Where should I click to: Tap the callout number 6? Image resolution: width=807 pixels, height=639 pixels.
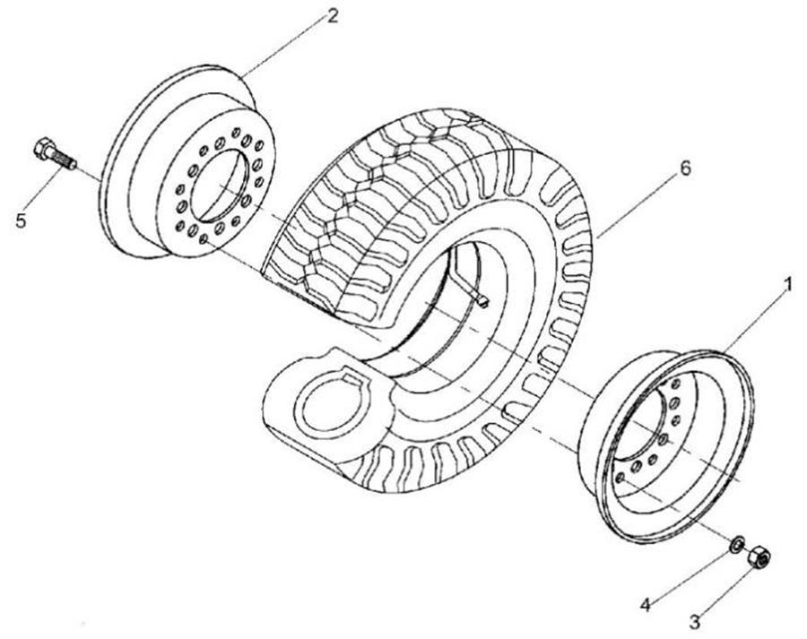[686, 168]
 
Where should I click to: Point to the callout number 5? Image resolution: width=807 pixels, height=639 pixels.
[21, 220]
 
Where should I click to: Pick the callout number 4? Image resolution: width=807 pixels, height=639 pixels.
[646, 605]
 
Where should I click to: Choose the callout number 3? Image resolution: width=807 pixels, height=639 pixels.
[695, 622]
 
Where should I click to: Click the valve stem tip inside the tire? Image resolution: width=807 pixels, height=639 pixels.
[482, 303]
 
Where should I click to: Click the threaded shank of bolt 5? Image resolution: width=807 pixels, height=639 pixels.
[68, 159]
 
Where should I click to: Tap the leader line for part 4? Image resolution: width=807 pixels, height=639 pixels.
[690, 574]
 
